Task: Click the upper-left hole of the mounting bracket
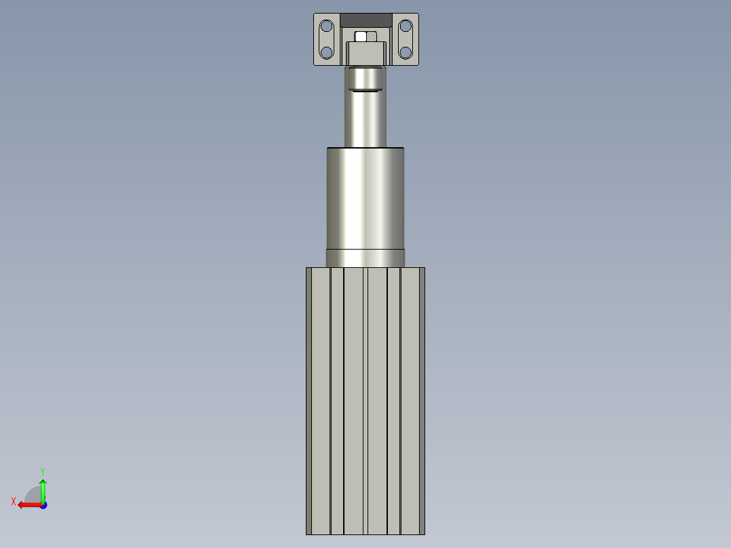pyautogui.click(x=326, y=26)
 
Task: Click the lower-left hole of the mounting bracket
pyautogui.click(x=326, y=52)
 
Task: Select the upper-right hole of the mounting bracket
pyautogui.click(x=406, y=26)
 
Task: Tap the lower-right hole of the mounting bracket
pyautogui.click(x=406, y=52)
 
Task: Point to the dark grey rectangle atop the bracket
pyautogui.click(x=366, y=20)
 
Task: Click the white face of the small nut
pyautogui.click(x=360, y=37)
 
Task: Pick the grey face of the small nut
pyautogui.click(x=372, y=37)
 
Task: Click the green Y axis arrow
pyautogui.click(x=43, y=492)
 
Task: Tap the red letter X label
pyautogui.click(x=14, y=501)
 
